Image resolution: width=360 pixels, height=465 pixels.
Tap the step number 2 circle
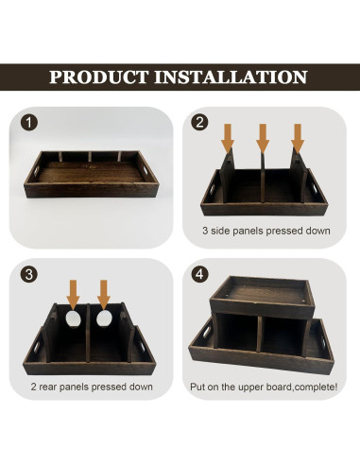click(x=199, y=123)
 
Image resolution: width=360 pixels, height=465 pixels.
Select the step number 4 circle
click(x=199, y=275)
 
